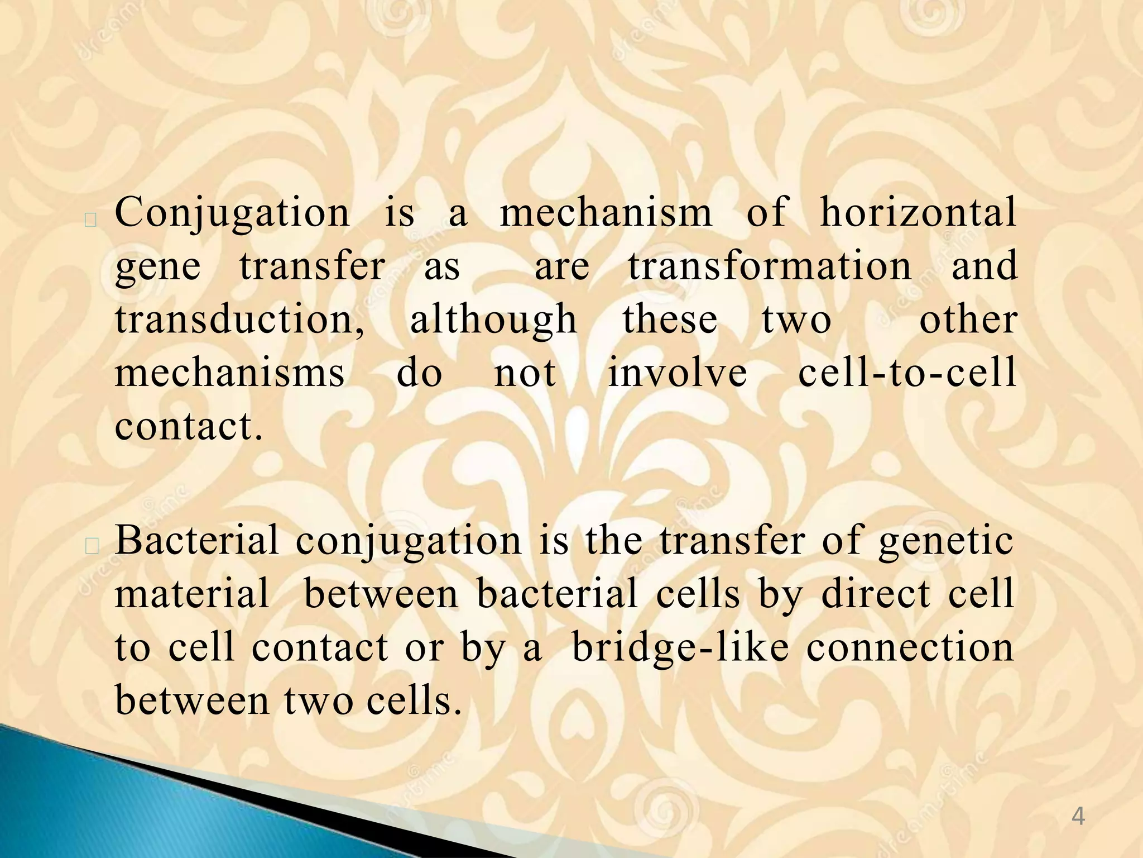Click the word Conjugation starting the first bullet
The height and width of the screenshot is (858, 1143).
(x=232, y=214)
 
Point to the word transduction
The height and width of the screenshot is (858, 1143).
(x=240, y=320)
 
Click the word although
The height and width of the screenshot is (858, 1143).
(x=493, y=321)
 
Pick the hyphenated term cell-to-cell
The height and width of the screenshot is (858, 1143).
(x=907, y=373)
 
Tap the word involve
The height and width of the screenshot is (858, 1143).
(x=677, y=373)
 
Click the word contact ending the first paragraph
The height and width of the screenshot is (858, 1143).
(x=188, y=427)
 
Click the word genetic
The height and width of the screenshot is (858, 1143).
(x=946, y=542)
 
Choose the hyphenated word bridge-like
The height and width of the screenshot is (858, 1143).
(x=680, y=648)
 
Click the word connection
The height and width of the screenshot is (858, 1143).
(x=910, y=648)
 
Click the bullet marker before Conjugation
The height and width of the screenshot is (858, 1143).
(x=91, y=220)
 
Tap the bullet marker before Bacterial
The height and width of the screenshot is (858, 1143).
(x=91, y=547)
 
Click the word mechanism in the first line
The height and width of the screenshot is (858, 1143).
(x=606, y=213)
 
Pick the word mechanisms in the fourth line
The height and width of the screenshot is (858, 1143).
(x=229, y=373)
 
